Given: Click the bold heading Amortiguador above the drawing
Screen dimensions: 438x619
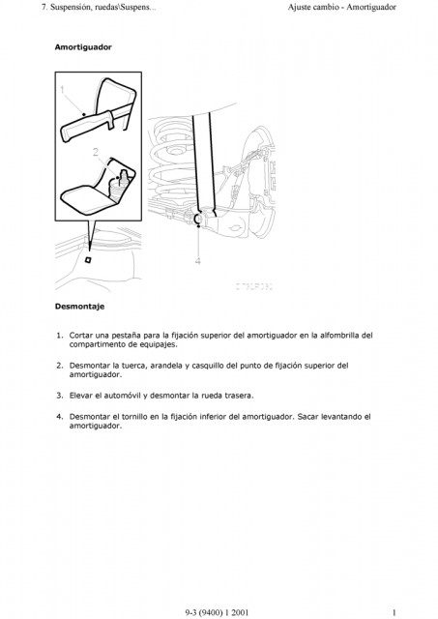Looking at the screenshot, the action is pyautogui.click(x=83, y=47).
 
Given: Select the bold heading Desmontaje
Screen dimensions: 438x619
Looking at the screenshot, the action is pyautogui.click(x=79, y=307).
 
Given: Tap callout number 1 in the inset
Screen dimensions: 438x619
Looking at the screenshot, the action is pyautogui.click(x=62, y=90).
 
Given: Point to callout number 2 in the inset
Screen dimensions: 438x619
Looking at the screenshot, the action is pyautogui.click(x=96, y=152).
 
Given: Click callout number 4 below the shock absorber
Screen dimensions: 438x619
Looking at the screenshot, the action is pyautogui.click(x=198, y=261).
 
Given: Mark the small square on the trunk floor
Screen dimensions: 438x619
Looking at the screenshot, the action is pyautogui.click(x=88, y=259).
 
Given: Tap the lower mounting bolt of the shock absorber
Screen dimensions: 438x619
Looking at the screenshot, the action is pyautogui.click(x=198, y=219).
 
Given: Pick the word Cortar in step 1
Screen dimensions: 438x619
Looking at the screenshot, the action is pyautogui.click(x=81, y=336).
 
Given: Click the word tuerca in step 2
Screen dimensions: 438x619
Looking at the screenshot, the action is pyautogui.click(x=133, y=366).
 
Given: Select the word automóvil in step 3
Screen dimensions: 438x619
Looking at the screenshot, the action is pyautogui.click(x=123, y=396).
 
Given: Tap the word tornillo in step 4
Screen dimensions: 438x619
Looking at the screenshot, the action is pyautogui.click(x=134, y=417).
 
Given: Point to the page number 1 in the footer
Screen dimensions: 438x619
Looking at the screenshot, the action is pyautogui.click(x=394, y=612).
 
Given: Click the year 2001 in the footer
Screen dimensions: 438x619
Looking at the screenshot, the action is pyautogui.click(x=241, y=612).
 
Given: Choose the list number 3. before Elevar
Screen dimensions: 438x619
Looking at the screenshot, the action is pyautogui.click(x=60, y=396).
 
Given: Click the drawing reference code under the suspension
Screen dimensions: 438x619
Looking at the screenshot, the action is pyautogui.click(x=254, y=286).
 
